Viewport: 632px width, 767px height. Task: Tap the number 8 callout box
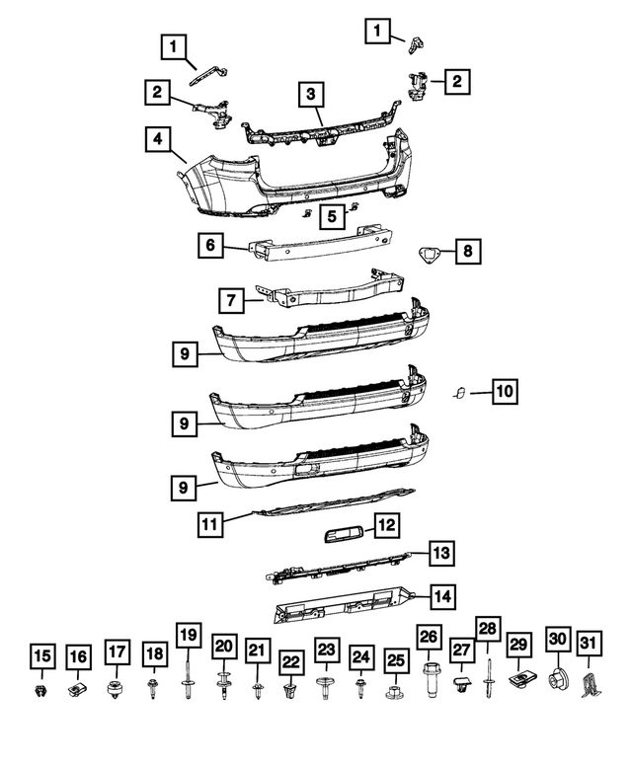point(467,253)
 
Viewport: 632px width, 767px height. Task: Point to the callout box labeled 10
point(504,393)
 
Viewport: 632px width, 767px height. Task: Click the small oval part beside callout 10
point(460,395)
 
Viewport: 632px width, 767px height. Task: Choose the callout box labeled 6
point(211,245)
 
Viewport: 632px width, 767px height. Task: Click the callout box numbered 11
point(208,524)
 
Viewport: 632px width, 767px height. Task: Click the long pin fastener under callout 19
point(188,684)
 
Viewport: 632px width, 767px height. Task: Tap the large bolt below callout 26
point(430,683)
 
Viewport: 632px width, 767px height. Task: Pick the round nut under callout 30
point(555,679)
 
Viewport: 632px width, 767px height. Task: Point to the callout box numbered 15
point(40,656)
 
